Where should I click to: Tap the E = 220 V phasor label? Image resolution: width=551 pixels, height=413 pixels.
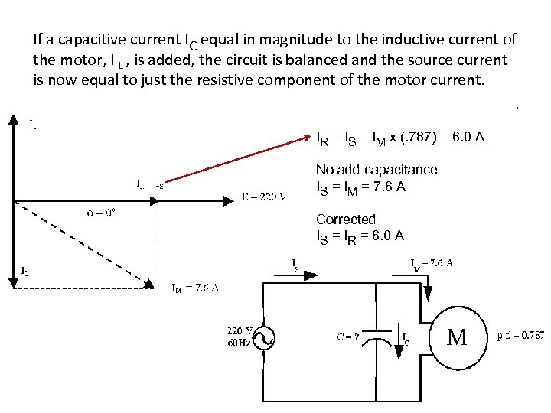click(263, 197)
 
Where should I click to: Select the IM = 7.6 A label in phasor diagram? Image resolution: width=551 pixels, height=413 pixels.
click(194, 288)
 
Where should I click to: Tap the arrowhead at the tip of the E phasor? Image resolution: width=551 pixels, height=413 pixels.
click(230, 201)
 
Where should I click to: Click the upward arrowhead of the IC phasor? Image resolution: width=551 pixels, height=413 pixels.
click(13, 121)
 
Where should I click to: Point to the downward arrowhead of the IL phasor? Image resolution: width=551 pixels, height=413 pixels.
click(13, 281)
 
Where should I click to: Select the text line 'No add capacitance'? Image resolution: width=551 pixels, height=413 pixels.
click(377, 170)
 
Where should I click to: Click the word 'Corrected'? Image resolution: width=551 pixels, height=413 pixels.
click(346, 220)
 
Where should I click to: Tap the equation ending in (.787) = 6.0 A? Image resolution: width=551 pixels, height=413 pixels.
click(399, 138)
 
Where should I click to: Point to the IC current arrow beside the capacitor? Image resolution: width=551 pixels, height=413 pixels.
click(396, 333)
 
